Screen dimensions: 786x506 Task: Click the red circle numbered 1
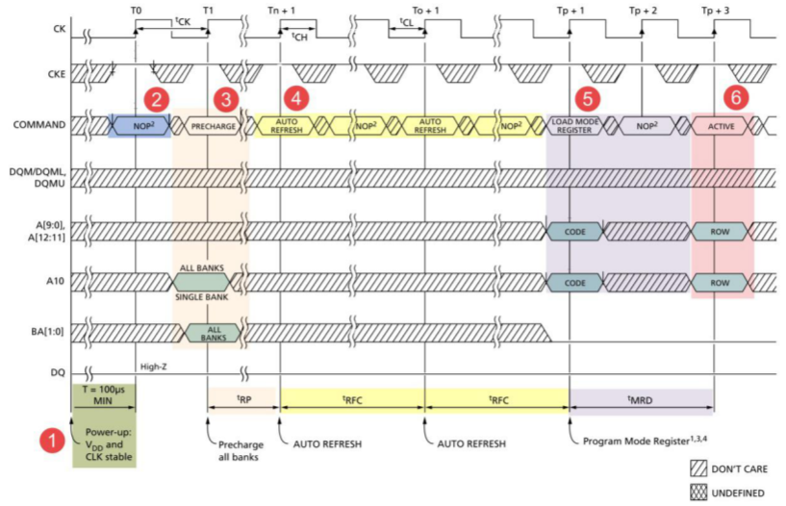click(53, 441)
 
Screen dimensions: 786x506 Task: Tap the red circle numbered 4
click(296, 98)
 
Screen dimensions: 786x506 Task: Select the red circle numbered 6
click(735, 97)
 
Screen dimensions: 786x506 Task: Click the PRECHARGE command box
click(213, 126)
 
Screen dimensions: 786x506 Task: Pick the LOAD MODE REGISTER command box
click(574, 126)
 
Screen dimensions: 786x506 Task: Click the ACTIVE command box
click(721, 126)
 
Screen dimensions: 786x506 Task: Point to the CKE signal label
click(56, 74)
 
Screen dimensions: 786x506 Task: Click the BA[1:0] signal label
click(47, 331)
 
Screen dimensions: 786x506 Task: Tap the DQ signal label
click(58, 372)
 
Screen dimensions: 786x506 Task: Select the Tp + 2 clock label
click(643, 10)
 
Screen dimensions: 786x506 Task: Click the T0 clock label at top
click(136, 10)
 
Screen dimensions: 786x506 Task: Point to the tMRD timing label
click(640, 399)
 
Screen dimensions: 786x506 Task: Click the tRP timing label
click(243, 399)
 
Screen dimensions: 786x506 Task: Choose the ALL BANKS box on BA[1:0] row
click(214, 333)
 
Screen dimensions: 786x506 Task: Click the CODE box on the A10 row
click(574, 283)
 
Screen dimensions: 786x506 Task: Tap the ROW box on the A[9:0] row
click(720, 232)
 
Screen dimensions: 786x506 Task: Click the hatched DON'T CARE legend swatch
click(698, 468)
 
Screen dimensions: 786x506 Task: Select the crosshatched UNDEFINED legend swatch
click(698, 493)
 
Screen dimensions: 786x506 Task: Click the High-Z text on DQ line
click(153, 367)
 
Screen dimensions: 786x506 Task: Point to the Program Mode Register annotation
click(645, 441)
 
